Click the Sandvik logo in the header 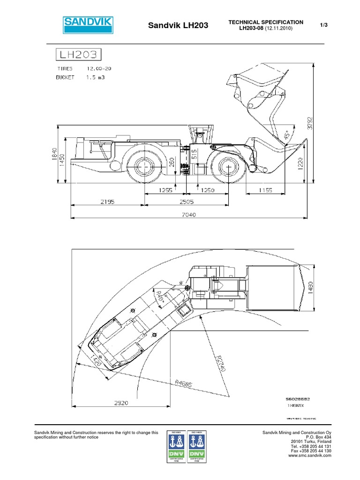click(x=88, y=24)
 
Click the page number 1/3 click(x=323, y=25)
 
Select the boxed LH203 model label click(x=78, y=54)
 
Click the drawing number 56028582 click(x=298, y=398)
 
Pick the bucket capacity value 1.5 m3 click(x=95, y=77)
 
